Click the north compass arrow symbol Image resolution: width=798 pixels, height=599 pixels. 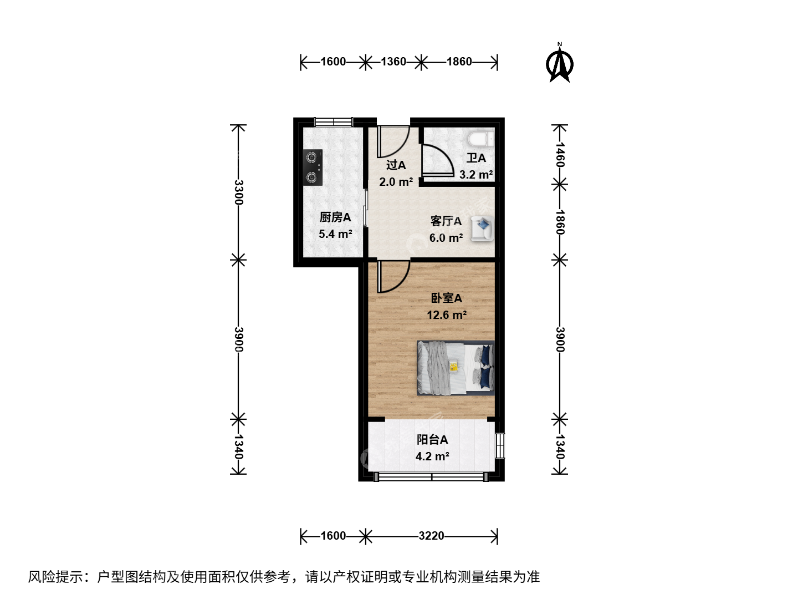[559, 63]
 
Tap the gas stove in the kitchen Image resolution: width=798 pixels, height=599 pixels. [313, 167]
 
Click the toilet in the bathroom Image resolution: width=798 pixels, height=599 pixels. [481, 139]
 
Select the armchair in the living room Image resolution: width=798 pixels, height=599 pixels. [483, 229]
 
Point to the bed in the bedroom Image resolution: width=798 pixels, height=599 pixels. [456, 368]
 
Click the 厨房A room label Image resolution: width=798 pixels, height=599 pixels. [335, 217]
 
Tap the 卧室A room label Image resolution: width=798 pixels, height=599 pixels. [447, 298]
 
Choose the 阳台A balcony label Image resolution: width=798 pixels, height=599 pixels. [432, 440]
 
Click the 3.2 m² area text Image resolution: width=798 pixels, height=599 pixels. [476, 175]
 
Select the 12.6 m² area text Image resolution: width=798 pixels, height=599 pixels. [447, 314]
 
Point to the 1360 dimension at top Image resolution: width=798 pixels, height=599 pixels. [393, 62]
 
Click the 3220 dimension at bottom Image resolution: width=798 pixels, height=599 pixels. [431, 536]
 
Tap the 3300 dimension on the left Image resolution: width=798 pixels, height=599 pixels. [238, 192]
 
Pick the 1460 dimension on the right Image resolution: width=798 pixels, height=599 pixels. [560, 155]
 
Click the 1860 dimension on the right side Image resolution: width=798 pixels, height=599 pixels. [560, 222]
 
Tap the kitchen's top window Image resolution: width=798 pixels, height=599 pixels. [334, 122]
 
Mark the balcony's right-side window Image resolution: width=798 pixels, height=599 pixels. [500, 446]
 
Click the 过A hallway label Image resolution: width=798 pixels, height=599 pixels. [396, 165]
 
